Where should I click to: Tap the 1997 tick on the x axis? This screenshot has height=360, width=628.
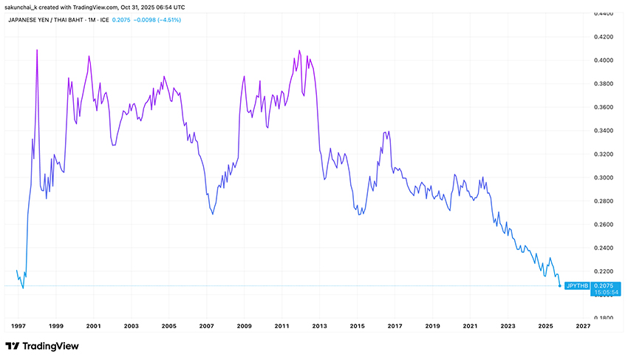(x=17, y=325)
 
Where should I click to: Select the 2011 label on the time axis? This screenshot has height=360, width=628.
(x=281, y=325)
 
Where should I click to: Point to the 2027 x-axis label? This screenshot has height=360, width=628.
(x=583, y=325)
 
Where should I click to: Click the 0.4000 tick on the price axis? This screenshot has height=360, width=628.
(x=605, y=60)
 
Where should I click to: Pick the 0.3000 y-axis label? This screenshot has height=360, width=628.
(x=605, y=177)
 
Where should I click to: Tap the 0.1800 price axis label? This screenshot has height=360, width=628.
(x=605, y=318)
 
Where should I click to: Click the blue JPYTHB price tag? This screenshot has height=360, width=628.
(x=576, y=285)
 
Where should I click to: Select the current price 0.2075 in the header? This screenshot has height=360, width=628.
(x=120, y=19)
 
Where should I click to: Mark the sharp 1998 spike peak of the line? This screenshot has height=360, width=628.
(x=37, y=50)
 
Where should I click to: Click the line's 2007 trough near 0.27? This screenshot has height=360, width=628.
(x=213, y=214)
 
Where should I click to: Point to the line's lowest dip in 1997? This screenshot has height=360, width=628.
(x=23, y=288)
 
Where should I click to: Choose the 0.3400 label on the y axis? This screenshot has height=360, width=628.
(x=605, y=130)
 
